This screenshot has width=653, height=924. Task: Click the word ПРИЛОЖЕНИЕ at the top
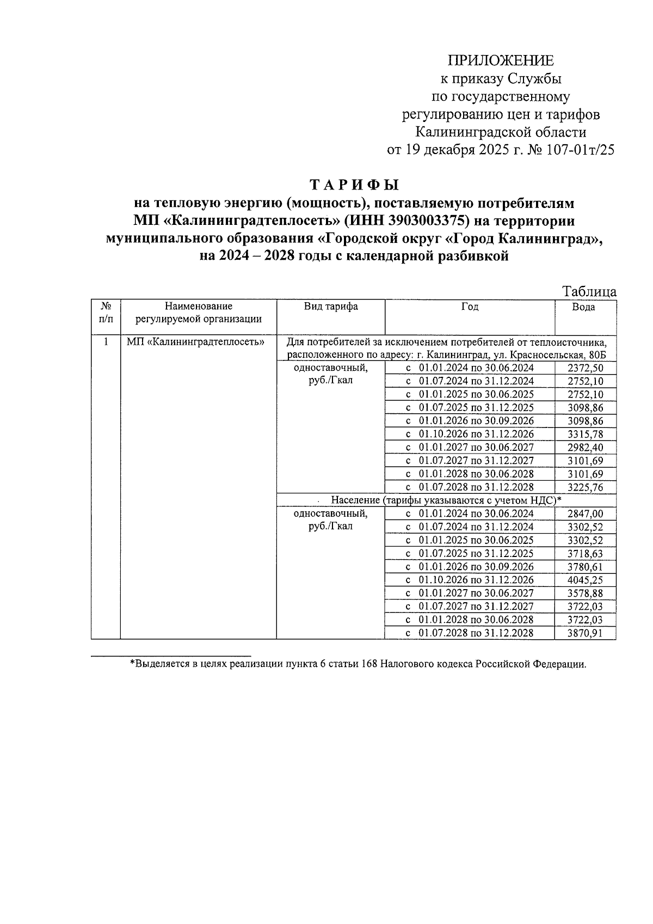500,60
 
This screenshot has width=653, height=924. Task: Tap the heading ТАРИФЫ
354,185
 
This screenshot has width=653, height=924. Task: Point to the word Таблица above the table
589,291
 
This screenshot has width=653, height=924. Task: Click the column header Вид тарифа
331,307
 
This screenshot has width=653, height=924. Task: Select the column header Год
470,307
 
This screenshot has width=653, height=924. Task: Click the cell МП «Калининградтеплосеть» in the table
195,342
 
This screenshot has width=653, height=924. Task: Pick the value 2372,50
585,369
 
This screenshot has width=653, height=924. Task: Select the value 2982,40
585,448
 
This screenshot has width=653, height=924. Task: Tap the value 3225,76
585,488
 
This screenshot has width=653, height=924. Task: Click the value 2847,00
585,514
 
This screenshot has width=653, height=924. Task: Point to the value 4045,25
585,580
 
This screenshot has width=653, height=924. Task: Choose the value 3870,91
585,633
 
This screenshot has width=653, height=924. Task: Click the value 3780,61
585,567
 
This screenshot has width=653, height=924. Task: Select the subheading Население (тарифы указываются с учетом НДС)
446,500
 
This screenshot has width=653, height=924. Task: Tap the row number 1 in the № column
106,342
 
